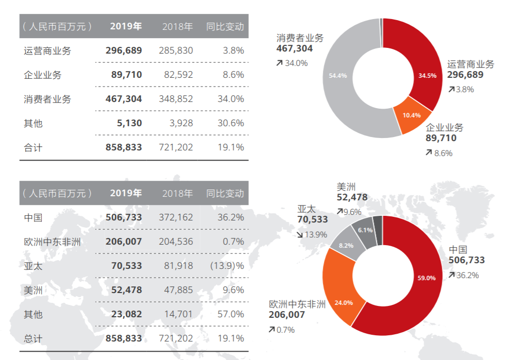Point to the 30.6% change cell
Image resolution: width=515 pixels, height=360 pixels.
point(230,123)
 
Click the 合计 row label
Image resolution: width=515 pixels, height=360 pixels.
point(33,148)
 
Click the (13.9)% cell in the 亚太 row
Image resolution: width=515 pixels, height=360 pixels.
point(227,266)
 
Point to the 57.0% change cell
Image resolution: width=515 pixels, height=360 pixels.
point(230,314)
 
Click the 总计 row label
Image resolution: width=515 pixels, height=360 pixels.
point(33,338)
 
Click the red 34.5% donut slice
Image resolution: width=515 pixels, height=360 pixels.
point(427,75)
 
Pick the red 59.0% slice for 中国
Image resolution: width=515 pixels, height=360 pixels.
point(426,278)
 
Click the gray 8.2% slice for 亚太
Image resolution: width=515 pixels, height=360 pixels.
point(346,245)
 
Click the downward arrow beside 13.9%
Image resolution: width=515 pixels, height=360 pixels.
point(300,234)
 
